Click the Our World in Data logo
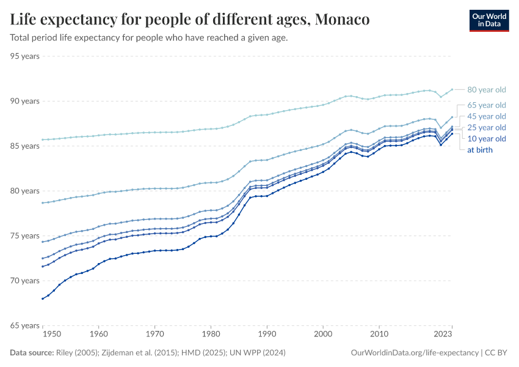pyautogui.click(x=488, y=20)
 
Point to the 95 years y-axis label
pyautogui.click(x=25, y=56)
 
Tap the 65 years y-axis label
pyautogui.click(x=25, y=325)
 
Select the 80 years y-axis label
pyautogui.click(x=25, y=191)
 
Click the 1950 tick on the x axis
pyautogui.click(x=52, y=335)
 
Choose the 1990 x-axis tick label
pyautogui.click(x=267, y=335)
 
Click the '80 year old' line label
pyautogui.click(x=487, y=90)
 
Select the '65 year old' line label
pyautogui.click(x=487, y=105)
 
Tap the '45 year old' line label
pyautogui.click(x=487, y=116)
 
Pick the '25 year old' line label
pyautogui.click(x=487, y=127)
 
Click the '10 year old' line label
pyautogui.click(x=487, y=139)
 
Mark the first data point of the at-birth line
pyautogui.click(x=42, y=298)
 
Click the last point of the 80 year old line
pyautogui.click(x=452, y=89)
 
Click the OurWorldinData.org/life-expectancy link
pyautogui.click(x=415, y=353)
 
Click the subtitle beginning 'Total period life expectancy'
pyautogui.click(x=149, y=37)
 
